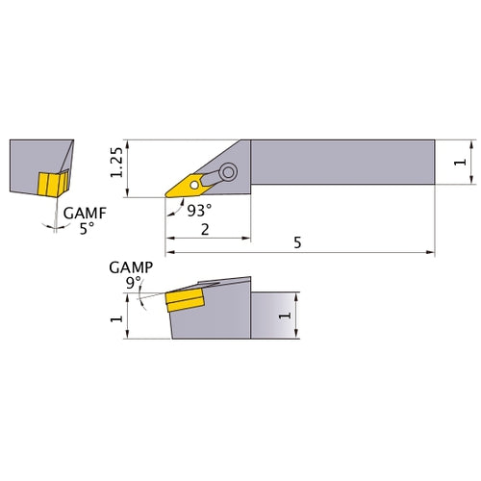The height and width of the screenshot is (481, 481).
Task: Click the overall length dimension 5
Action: tap(297, 244)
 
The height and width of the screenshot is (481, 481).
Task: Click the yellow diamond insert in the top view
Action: tap(189, 185)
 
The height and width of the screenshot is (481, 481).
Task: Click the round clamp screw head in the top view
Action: tap(229, 173)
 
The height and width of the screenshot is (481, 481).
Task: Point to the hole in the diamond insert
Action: tap(196, 183)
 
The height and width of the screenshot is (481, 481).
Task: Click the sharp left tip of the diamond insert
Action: tap(165, 197)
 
